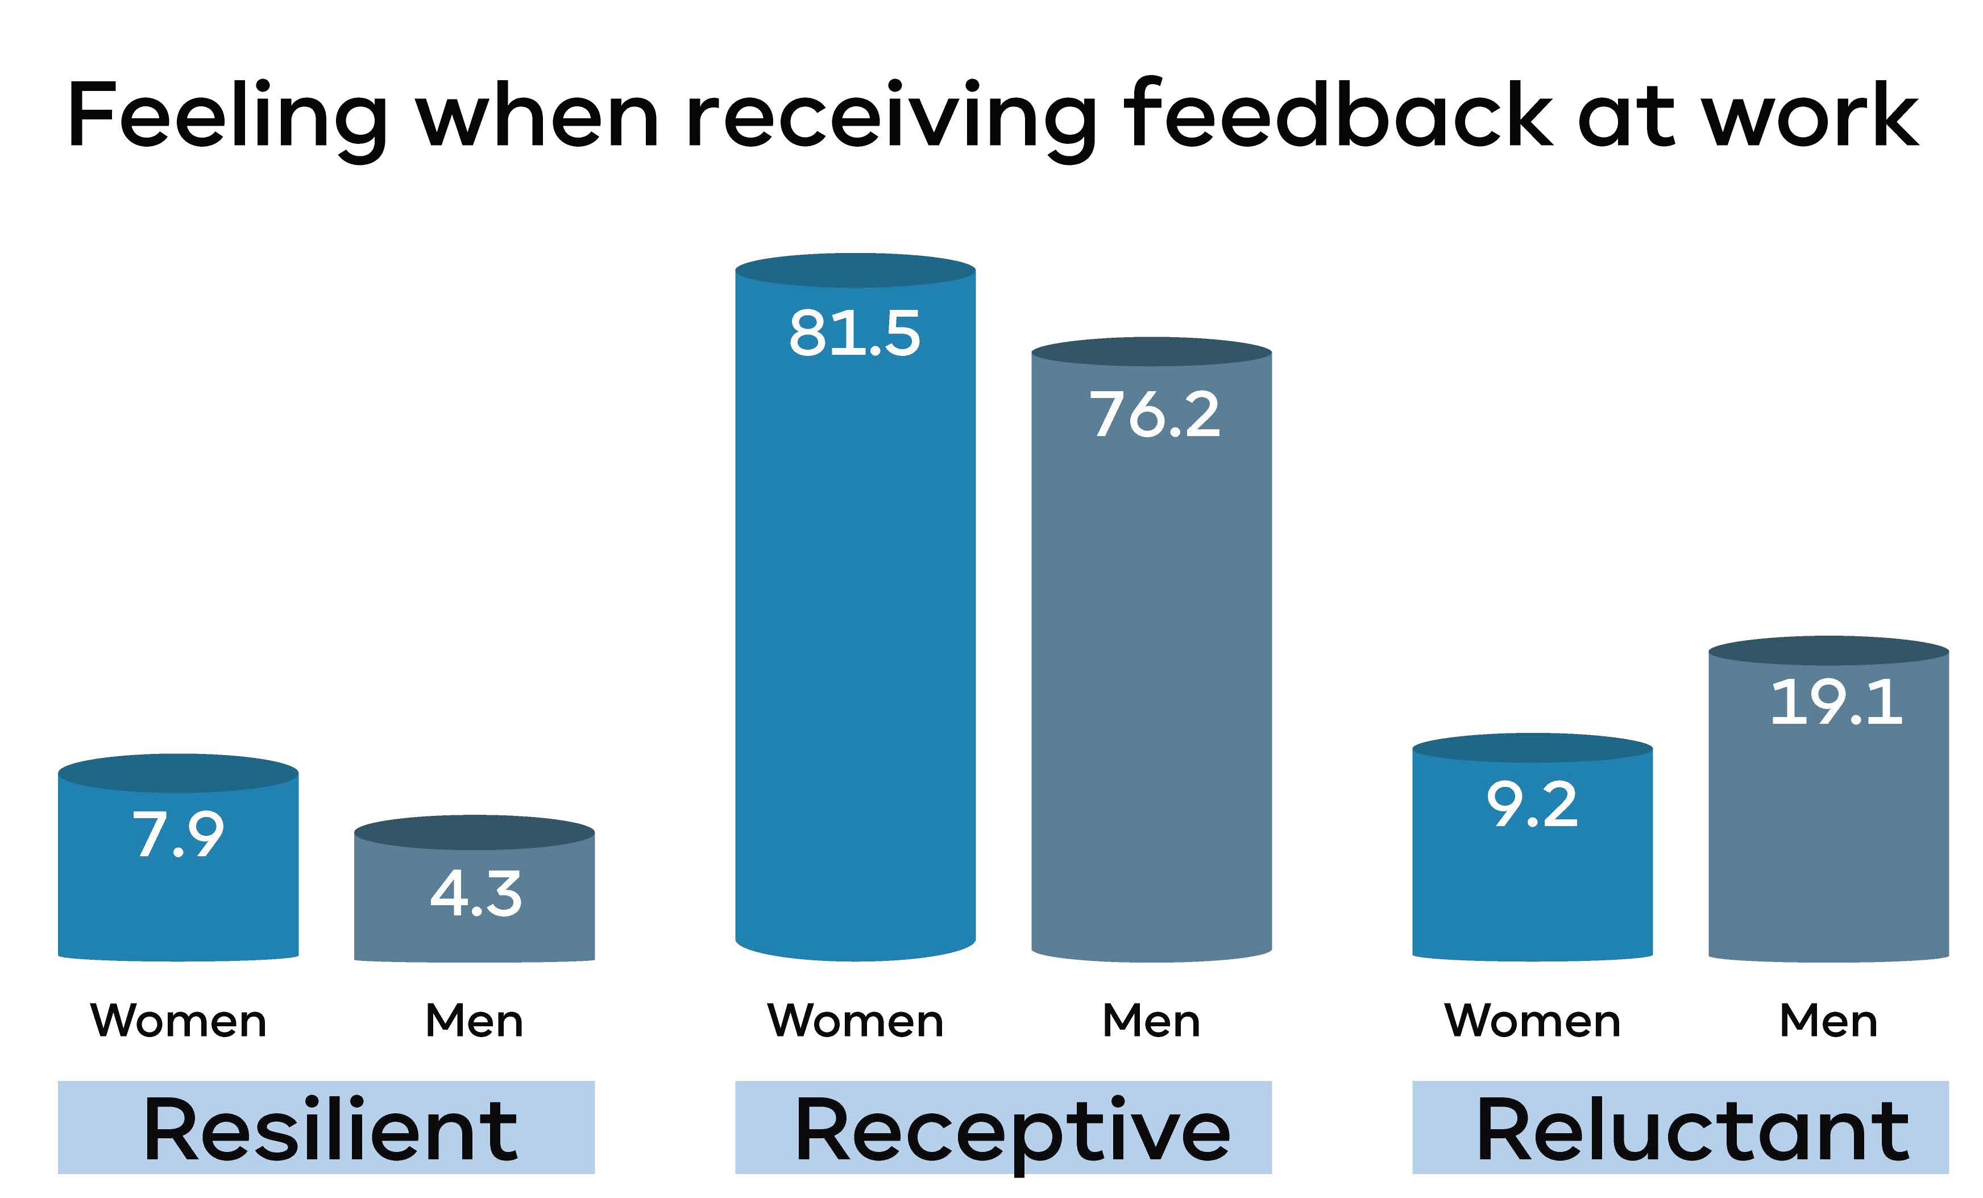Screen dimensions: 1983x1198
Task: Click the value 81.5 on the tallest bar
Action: point(854,333)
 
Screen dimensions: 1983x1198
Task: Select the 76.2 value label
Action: point(1155,414)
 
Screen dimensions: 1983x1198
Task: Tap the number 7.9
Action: point(178,834)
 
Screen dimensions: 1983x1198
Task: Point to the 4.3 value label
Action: point(476,894)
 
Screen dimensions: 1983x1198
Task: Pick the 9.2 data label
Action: point(1532,805)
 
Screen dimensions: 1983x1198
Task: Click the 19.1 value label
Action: point(1836,702)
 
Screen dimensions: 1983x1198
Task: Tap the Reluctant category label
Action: point(1693,1130)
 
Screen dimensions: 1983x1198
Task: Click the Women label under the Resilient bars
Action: point(178,1020)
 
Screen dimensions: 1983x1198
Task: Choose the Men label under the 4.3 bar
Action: point(475,1020)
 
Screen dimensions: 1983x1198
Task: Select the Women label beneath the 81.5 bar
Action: point(856,1020)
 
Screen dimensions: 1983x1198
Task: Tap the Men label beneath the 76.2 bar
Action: point(1152,1020)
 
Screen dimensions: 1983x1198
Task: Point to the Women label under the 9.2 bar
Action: point(1532,1020)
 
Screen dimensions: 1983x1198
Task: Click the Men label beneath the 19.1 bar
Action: point(1828,1020)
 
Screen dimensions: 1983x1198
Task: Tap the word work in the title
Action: point(1811,114)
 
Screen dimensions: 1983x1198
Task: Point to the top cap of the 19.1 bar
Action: point(1828,650)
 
